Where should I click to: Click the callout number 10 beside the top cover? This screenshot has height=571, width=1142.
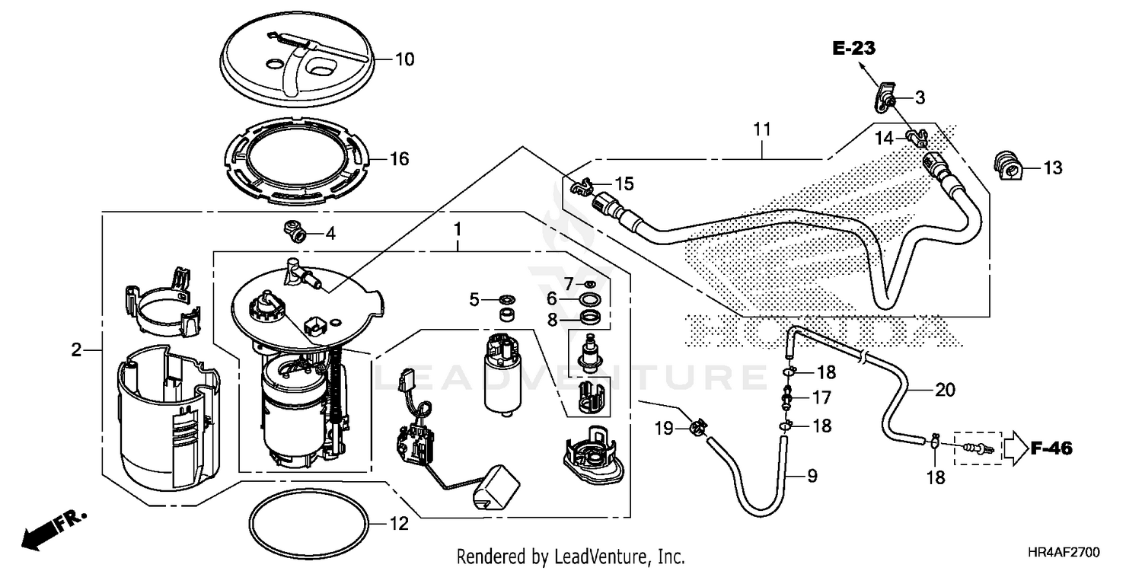(404, 59)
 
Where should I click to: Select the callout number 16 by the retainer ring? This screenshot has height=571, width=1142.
(399, 159)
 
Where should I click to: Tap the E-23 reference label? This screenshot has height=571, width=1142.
(853, 49)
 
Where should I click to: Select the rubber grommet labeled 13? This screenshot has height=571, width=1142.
(1006, 167)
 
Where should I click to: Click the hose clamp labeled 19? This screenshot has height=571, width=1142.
(696, 428)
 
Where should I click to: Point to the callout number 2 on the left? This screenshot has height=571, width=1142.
(76, 351)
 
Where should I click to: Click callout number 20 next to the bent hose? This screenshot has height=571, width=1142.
(944, 390)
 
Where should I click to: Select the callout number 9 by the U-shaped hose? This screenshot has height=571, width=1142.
(812, 477)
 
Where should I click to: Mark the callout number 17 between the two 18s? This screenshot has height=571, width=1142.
(821, 397)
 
